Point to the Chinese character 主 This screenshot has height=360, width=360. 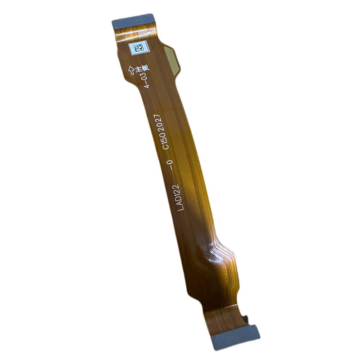pos(138,69)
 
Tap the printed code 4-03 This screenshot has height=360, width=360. pos(146,81)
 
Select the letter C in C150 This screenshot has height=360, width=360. pos(166,147)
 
